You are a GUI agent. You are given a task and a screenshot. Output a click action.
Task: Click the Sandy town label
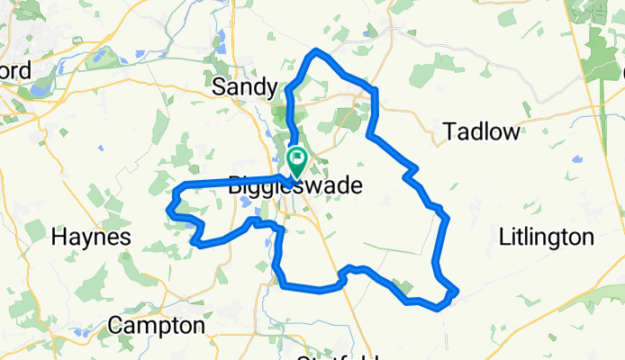coord(244,87)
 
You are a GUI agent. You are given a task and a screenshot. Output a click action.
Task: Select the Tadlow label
coord(482,132)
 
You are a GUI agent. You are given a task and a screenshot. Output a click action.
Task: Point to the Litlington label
coord(547,238)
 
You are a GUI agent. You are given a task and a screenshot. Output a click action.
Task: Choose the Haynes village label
coord(92,238)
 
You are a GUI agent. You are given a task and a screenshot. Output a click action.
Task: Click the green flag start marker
coord(296,159)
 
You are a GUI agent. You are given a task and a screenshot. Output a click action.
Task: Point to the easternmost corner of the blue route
coord(457,290)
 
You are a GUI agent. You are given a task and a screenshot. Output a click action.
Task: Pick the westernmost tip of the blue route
coord(168,209)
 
